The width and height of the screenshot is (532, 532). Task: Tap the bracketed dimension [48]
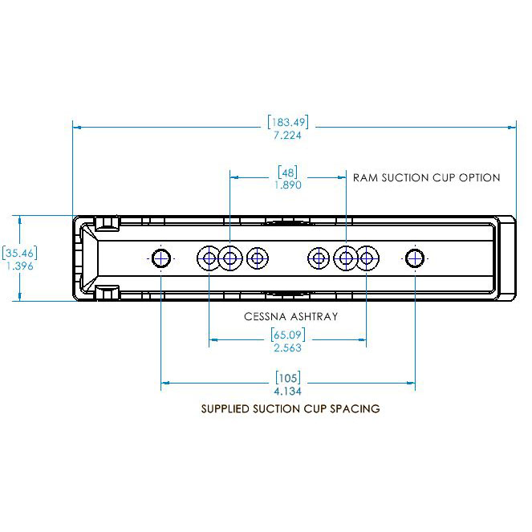pyautogui.click(x=287, y=172)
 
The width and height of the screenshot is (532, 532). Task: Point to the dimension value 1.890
pyautogui.click(x=287, y=185)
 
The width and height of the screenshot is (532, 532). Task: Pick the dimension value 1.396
pyautogui.click(x=19, y=266)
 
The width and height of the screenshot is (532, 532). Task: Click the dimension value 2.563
pyautogui.click(x=287, y=348)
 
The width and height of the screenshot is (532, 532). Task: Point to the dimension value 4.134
pyautogui.click(x=287, y=391)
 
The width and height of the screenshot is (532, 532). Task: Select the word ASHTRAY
pyautogui.click(x=313, y=316)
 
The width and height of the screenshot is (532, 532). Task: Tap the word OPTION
pyautogui.click(x=479, y=177)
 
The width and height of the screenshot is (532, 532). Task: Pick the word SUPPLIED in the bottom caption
pyautogui.click(x=227, y=408)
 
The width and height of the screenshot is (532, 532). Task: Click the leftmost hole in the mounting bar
pyautogui.click(x=161, y=258)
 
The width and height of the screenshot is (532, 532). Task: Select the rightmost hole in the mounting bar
pyautogui.click(x=414, y=258)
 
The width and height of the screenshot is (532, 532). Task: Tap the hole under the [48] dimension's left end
pyautogui.click(x=230, y=258)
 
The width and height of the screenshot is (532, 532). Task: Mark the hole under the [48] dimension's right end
pyautogui.click(x=346, y=258)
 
